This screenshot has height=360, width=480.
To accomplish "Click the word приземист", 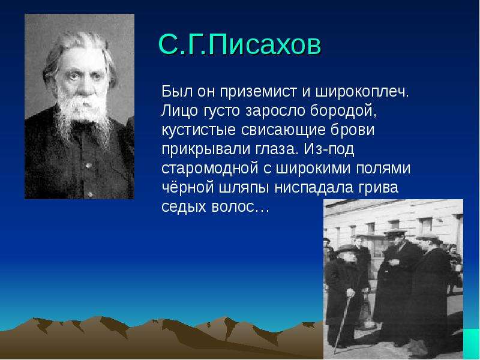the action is (259, 92).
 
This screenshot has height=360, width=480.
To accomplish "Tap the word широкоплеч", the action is (362, 92).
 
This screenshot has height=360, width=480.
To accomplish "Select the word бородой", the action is (343, 111).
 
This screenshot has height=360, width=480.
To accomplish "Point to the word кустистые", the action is (199, 130).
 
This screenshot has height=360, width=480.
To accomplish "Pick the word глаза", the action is (277, 149).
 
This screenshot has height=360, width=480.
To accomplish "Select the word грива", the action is (379, 188).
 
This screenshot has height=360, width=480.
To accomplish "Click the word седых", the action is (184, 207).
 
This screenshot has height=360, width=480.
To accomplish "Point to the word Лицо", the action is (179, 111).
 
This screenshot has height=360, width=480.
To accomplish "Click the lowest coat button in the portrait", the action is (89, 194).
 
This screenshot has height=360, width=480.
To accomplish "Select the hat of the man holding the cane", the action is (347, 248).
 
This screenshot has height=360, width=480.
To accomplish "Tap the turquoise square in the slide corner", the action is (472, 344).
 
